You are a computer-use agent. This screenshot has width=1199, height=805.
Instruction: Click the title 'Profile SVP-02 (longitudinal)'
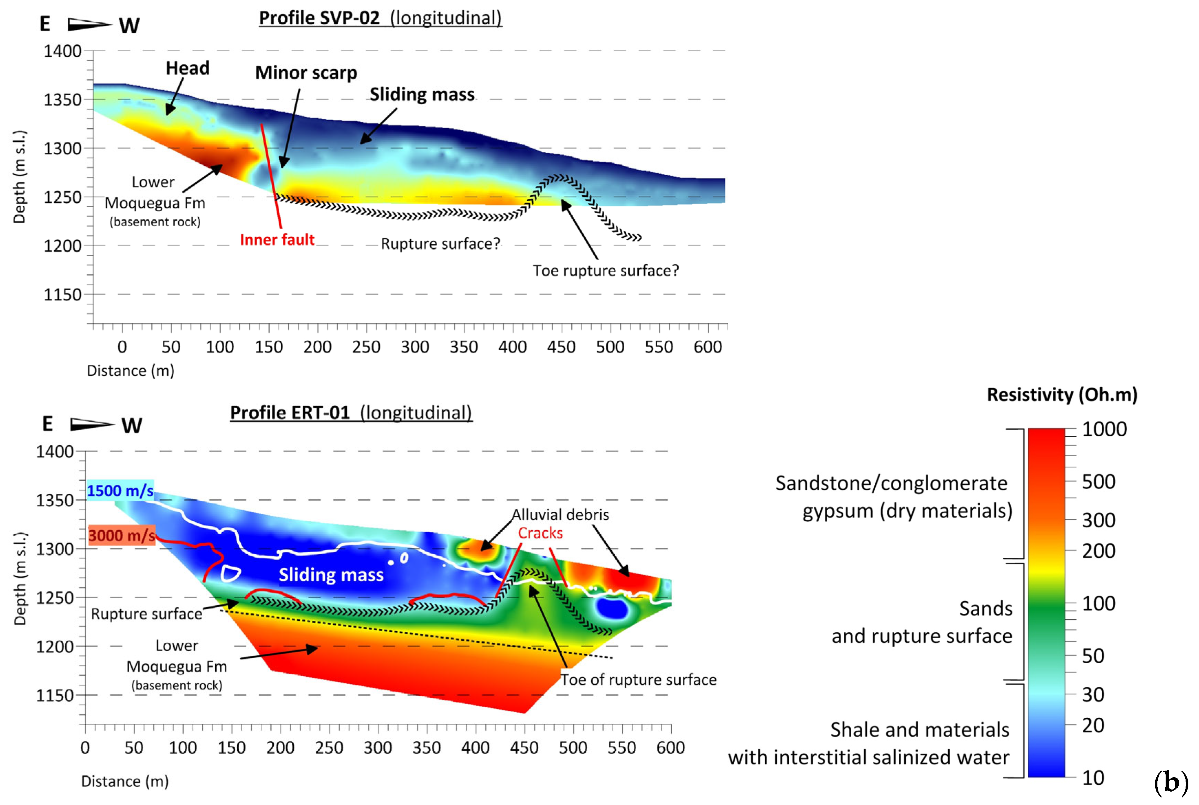pyautogui.click(x=380, y=18)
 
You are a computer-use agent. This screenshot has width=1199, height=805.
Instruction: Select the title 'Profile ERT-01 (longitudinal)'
pyautogui.click(x=351, y=413)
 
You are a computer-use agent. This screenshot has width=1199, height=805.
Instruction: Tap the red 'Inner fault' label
pyautogui.click(x=277, y=240)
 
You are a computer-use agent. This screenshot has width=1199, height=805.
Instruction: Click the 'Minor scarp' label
pyautogui.click(x=306, y=73)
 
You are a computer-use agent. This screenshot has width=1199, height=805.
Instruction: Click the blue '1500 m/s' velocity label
pyautogui.click(x=120, y=491)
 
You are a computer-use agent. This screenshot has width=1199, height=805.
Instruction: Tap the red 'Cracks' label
pyautogui.click(x=540, y=533)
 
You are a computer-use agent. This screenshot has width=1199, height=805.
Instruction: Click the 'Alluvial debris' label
pyautogui.click(x=560, y=515)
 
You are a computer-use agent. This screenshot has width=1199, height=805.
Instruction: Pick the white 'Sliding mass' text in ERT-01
pyautogui.click(x=331, y=575)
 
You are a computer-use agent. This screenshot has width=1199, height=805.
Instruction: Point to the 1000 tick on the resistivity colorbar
pyautogui.click(x=1104, y=429)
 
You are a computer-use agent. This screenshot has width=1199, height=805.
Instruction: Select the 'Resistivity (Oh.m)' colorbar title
pyautogui.click(x=1062, y=395)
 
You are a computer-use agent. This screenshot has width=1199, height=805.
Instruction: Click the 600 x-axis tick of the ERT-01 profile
pyautogui.click(x=671, y=748)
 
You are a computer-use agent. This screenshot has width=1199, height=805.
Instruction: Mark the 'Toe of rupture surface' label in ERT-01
pyautogui.click(x=638, y=680)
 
